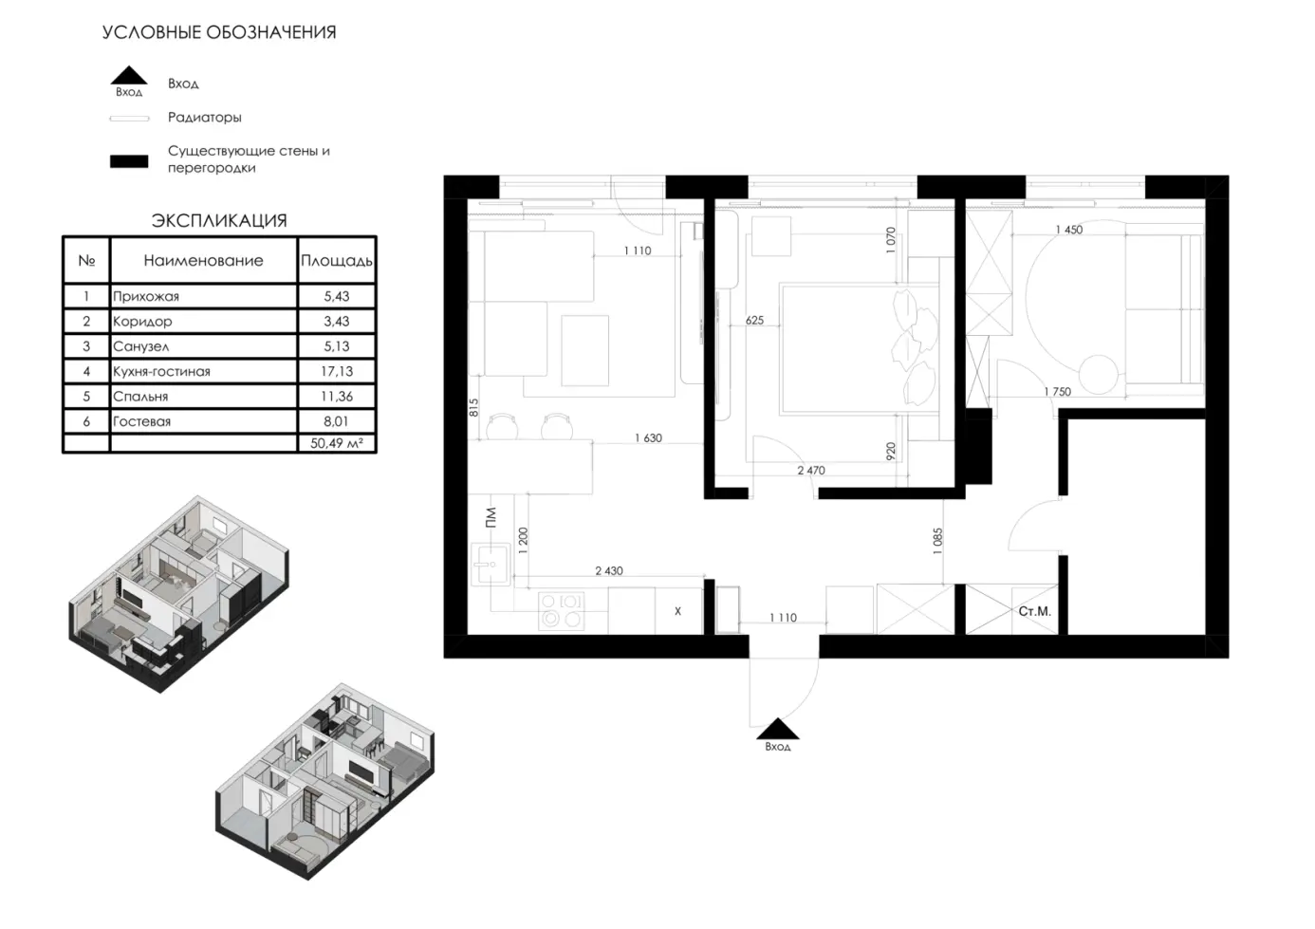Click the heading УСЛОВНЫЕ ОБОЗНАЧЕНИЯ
(219, 32)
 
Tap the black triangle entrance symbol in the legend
(129, 75)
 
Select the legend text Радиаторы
(204, 118)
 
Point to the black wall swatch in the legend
(129, 161)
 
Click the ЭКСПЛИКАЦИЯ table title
(219, 221)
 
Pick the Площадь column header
(337, 261)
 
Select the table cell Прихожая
(145, 297)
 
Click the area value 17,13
(337, 371)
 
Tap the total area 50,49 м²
(337, 443)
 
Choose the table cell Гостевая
(141, 421)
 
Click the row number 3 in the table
(86, 346)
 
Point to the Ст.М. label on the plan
(1034, 611)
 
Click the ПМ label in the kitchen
(491, 517)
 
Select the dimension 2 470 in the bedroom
(810, 471)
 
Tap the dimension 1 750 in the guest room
(1057, 392)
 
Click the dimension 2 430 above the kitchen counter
(609, 571)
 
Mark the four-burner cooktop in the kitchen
(562, 610)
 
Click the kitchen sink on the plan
(491, 565)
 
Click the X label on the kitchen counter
(678, 611)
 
